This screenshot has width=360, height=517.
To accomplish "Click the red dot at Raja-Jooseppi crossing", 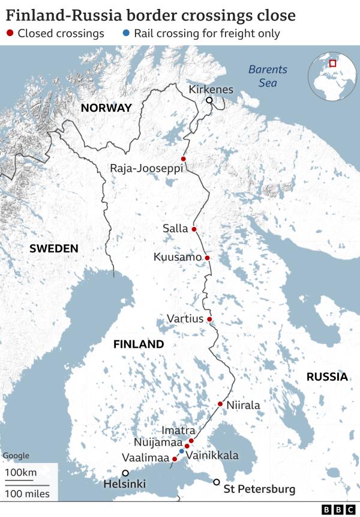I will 184,159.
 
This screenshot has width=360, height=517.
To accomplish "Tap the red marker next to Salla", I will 194,229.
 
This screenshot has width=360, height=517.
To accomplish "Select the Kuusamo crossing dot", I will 207,258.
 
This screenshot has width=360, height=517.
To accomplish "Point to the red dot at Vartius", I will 209,319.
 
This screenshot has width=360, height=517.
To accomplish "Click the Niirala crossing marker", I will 220,404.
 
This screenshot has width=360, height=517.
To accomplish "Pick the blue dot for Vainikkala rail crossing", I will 182,451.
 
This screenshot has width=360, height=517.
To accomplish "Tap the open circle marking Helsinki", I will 125,473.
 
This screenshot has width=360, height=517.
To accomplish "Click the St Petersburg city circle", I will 217,482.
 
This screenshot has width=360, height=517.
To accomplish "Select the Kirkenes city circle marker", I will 209,100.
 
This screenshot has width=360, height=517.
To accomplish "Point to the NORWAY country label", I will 106,108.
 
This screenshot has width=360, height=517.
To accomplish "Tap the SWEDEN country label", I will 54,249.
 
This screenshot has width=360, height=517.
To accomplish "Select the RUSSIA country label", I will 326,376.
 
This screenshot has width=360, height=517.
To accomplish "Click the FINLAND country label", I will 139,344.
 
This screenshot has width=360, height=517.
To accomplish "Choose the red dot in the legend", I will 10,34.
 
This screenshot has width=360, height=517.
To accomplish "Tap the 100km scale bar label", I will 21,473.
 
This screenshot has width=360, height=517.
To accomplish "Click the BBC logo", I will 338,509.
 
